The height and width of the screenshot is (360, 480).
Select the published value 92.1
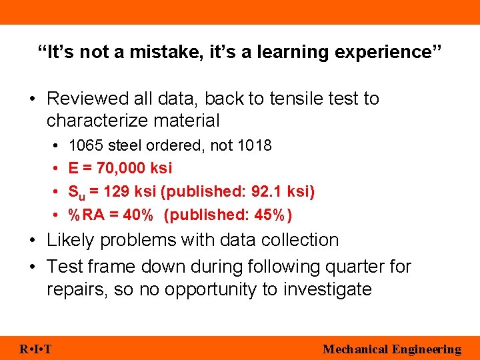point(267,191)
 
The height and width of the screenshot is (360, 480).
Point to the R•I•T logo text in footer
point(37,349)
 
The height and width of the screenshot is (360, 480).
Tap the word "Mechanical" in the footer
point(355,349)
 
